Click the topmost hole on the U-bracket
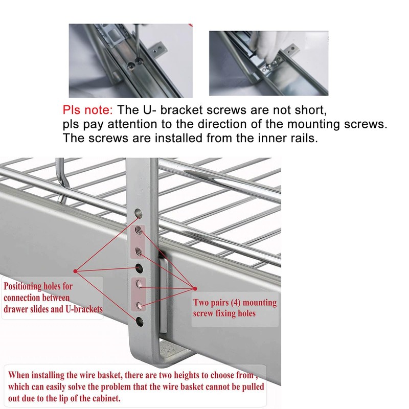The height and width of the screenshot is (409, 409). (x=138, y=211)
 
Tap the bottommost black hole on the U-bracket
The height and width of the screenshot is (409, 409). (x=139, y=321)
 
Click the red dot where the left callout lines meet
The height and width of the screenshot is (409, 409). (x=75, y=270)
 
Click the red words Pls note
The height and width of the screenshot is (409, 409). (x=88, y=110)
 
